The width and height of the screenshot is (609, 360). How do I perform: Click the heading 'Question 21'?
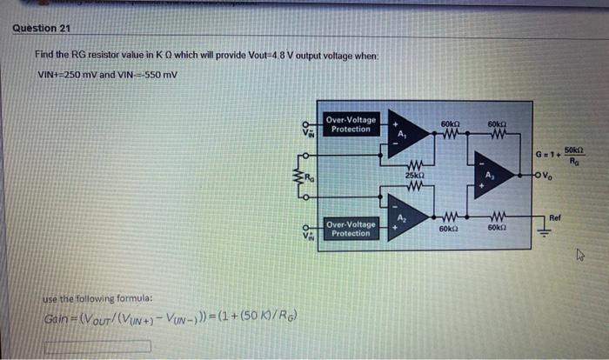tap(41, 27)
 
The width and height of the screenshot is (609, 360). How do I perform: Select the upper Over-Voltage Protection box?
tap(351, 124)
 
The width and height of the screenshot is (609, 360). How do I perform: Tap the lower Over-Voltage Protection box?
tap(351, 229)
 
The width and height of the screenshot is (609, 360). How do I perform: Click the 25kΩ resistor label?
tap(415, 176)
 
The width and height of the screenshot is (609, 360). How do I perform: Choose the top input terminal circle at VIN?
tap(305, 122)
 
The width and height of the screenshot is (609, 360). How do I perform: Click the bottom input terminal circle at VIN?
tap(305, 228)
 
